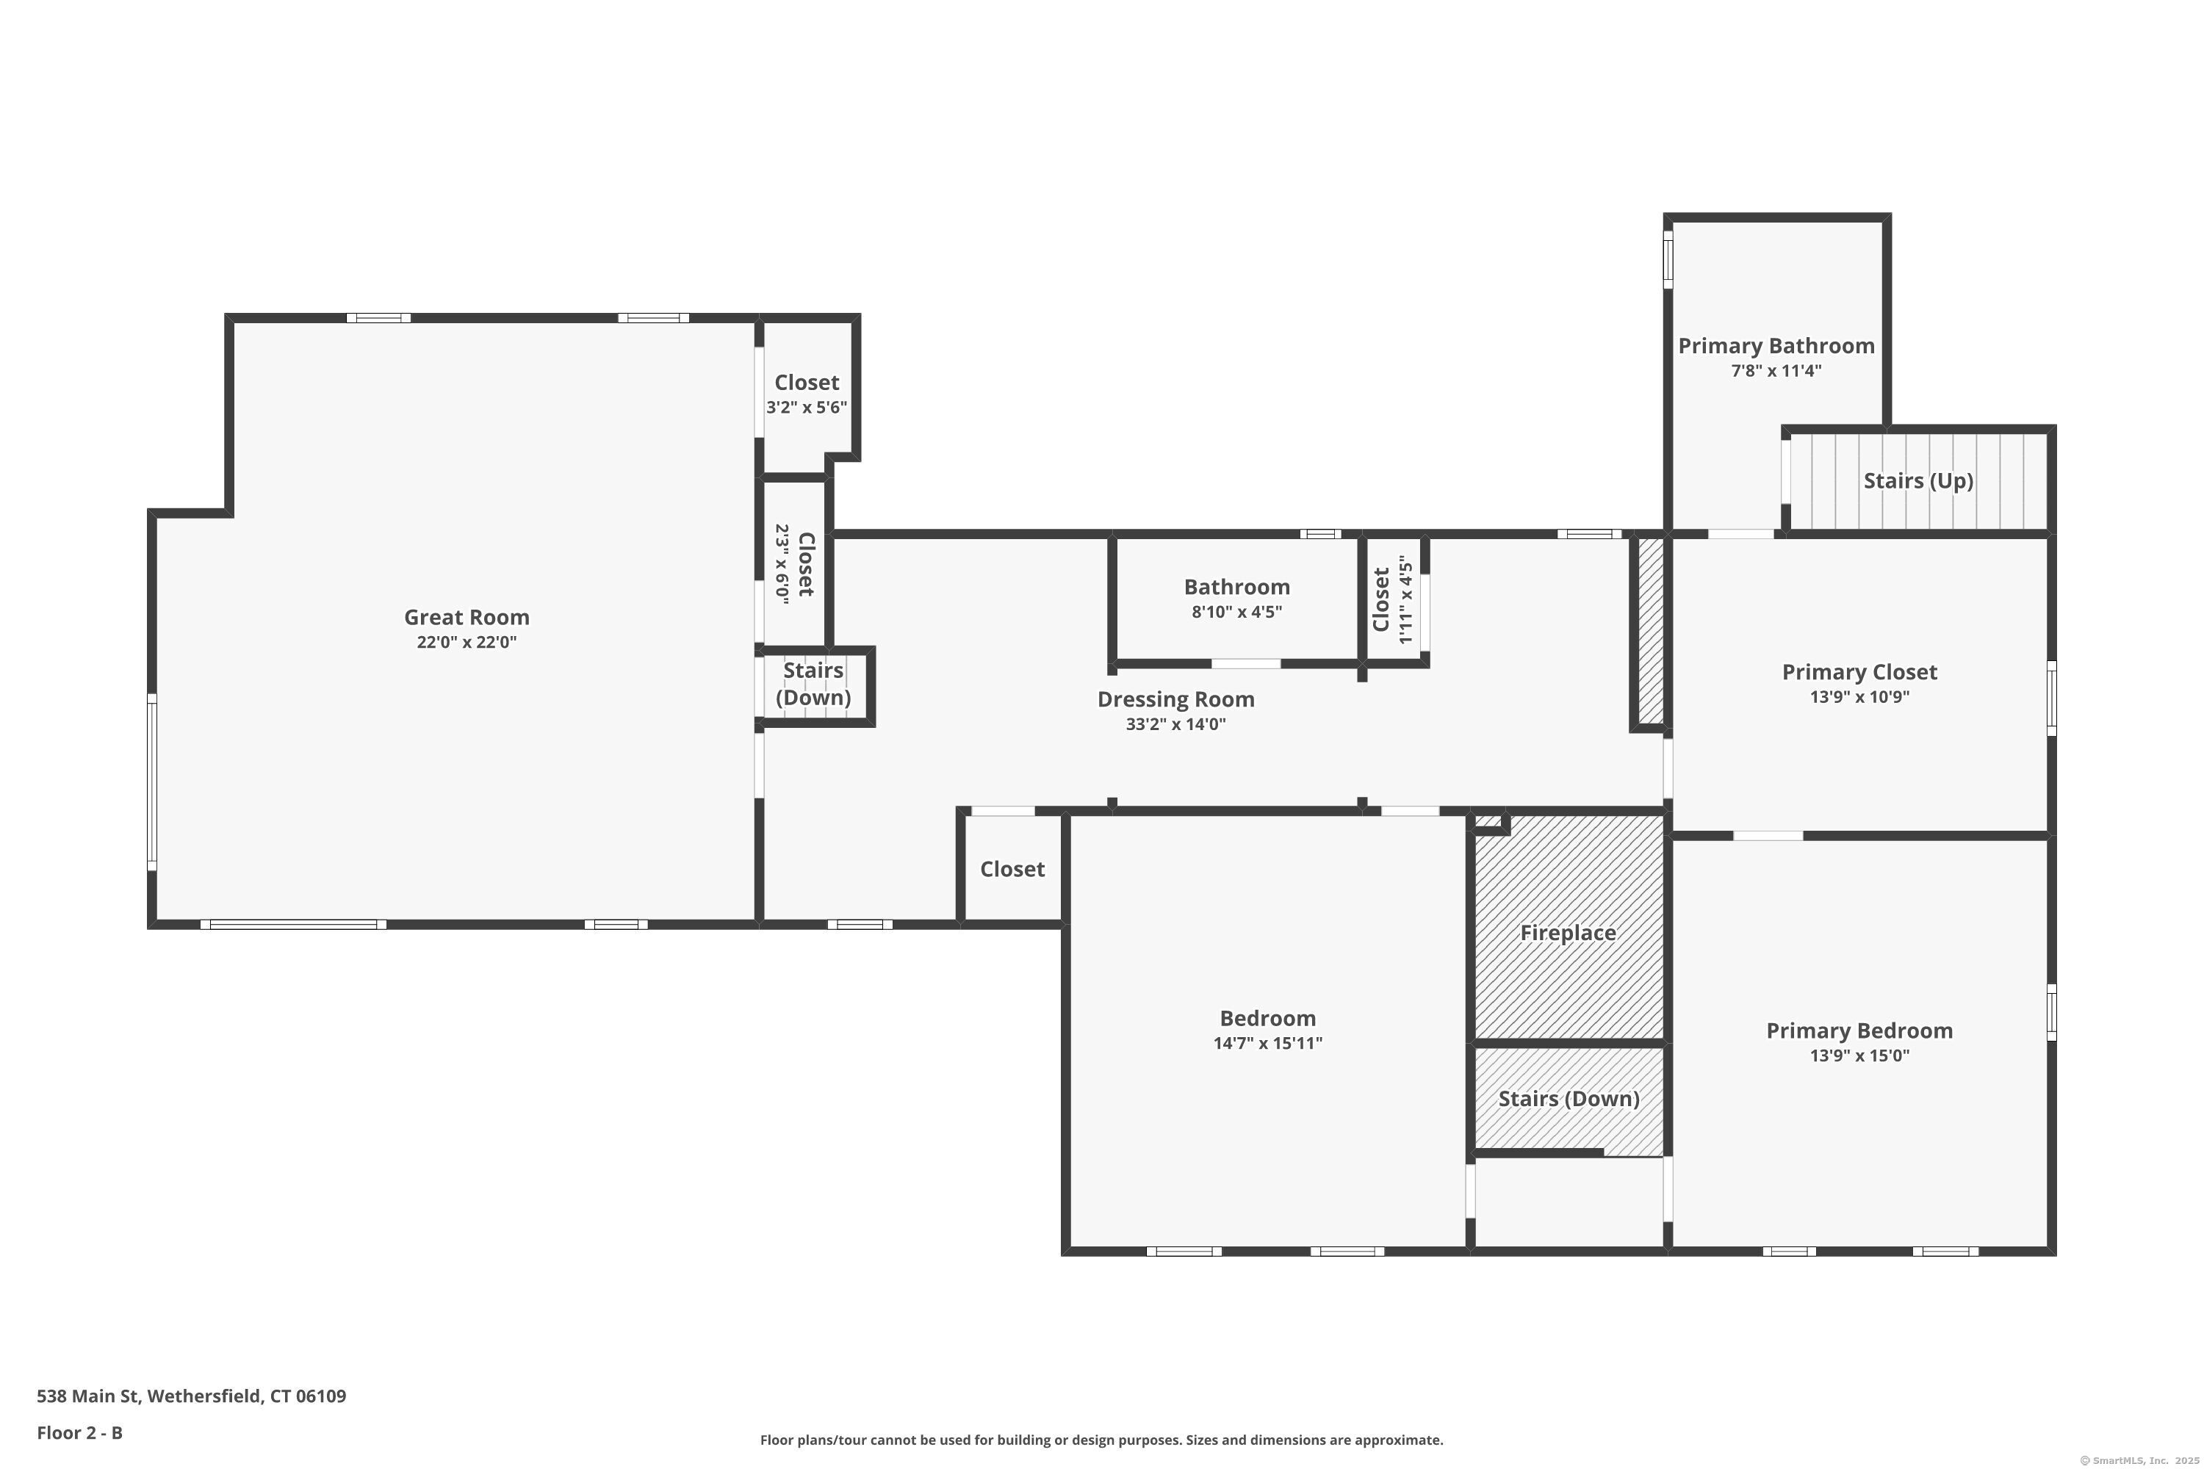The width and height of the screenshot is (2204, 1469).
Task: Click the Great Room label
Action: coord(467,618)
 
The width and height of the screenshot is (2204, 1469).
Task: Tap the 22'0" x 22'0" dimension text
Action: coord(467,642)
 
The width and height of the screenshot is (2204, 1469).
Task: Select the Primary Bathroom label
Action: coord(1776,346)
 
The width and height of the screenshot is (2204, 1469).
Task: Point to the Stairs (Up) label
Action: coord(1918,480)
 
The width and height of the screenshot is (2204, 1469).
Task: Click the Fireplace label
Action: coord(1568,933)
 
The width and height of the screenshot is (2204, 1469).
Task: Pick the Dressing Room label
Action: coord(1176,700)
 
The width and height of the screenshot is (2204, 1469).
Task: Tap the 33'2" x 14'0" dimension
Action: coord(1176,724)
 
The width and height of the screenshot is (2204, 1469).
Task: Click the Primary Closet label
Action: coord(1859,672)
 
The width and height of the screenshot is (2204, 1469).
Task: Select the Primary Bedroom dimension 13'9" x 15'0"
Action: coord(1859,1056)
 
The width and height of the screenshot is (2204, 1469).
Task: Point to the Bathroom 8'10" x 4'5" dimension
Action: coord(1237,612)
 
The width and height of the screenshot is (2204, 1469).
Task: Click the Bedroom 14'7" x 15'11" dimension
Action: coord(1268,1044)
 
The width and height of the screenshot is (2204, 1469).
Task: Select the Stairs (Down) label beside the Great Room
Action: coord(813,684)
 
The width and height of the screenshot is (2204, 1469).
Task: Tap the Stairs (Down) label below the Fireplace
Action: coord(1569,1099)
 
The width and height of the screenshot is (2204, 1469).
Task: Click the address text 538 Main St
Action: coord(88,1397)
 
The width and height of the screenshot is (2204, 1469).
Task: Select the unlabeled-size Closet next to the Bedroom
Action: coord(1012,870)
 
